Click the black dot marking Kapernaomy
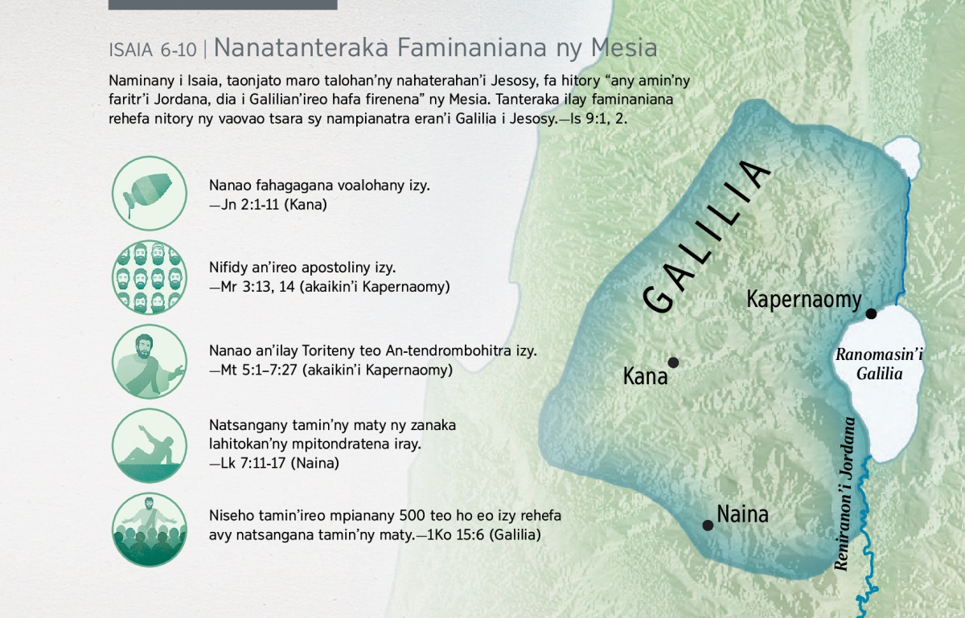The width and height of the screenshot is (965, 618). click(871, 313)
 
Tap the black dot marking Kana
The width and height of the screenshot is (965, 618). click(673, 362)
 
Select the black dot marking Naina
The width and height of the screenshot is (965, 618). click(708, 525)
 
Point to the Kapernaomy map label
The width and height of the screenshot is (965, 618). click(804, 300)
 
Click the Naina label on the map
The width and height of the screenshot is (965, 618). click(742, 514)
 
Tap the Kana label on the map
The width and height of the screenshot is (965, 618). click(645, 376)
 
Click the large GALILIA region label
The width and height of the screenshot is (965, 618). click(706, 236)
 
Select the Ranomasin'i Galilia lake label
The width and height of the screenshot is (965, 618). click(879, 364)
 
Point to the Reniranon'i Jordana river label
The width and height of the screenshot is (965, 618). click(844, 493)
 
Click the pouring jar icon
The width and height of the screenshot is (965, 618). click(150, 193)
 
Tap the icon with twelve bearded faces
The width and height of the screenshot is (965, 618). click(150, 277)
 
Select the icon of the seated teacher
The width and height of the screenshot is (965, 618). click(150, 362)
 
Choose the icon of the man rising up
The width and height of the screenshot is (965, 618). click(150, 445)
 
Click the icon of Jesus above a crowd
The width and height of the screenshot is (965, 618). click(150, 530)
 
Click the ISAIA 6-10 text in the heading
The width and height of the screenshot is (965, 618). click(153, 50)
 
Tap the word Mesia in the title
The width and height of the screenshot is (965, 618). click(624, 47)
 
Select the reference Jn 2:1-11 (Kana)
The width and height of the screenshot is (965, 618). click(268, 205)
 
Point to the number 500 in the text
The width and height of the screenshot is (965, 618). click(413, 515)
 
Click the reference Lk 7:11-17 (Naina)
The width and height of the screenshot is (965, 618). click(274, 464)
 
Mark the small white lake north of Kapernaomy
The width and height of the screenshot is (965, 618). click(902, 157)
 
